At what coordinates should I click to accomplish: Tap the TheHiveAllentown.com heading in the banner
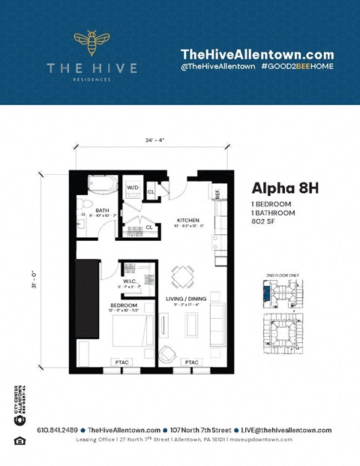[x=256, y=54]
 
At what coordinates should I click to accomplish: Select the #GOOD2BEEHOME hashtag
[x=297, y=67]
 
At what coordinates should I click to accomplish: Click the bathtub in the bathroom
[x=102, y=184]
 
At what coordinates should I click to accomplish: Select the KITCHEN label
[x=187, y=220]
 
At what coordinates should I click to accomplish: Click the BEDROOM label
[x=123, y=305]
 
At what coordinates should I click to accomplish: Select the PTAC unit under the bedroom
[x=121, y=362]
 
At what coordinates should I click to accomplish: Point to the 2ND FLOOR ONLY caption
[x=283, y=275]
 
